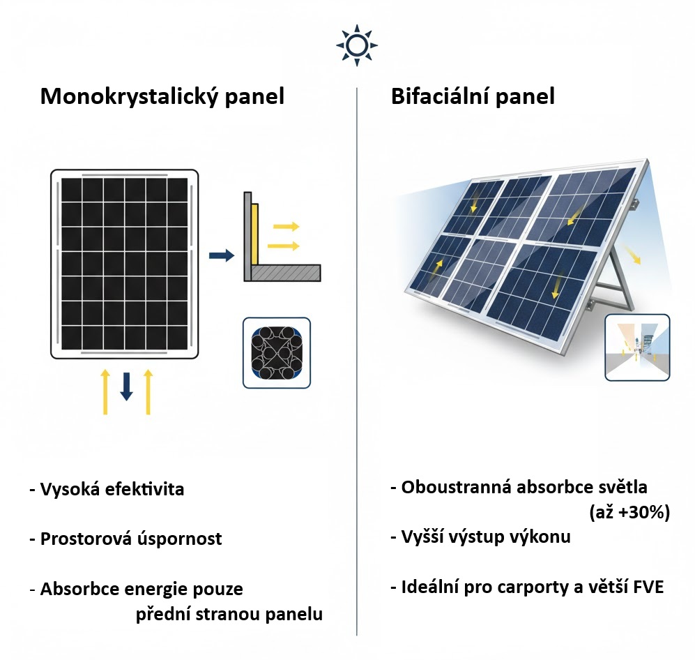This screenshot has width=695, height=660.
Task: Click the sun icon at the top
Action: (357, 45)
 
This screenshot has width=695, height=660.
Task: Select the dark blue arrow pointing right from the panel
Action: (222, 255)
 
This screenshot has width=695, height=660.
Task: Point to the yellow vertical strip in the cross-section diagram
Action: (254, 234)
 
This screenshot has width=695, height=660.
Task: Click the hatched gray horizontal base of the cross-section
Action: (285, 273)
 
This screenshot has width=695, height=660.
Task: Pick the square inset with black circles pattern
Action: (277, 352)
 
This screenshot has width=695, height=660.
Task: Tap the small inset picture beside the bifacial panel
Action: (637, 347)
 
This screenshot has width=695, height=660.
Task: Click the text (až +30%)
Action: (629, 512)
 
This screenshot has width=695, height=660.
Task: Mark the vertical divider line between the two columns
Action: (357, 361)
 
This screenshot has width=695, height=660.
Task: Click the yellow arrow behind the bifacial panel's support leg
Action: (633, 254)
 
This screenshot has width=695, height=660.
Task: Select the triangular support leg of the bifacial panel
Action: (623, 283)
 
